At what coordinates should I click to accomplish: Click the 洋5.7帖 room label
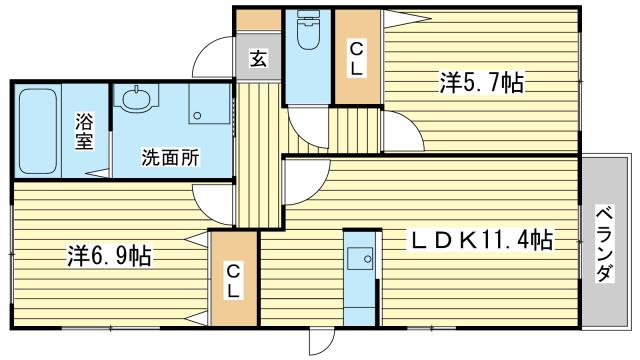click(x=482, y=82)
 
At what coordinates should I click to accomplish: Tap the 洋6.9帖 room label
click(x=109, y=256)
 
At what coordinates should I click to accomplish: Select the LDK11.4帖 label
click(x=482, y=239)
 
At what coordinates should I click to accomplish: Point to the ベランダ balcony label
click(x=605, y=244)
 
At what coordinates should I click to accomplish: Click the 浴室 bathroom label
click(x=84, y=131)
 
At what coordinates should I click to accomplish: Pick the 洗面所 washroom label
click(x=170, y=158)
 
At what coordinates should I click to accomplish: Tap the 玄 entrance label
click(x=258, y=59)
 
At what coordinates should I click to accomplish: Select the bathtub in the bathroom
click(x=38, y=131)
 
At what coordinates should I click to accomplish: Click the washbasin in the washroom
click(x=136, y=98)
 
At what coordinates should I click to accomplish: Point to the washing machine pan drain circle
click(x=197, y=116)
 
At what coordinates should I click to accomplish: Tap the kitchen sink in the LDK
click(x=360, y=258)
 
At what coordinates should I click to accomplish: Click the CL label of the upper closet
click(x=356, y=60)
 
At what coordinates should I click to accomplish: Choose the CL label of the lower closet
click(x=233, y=281)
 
